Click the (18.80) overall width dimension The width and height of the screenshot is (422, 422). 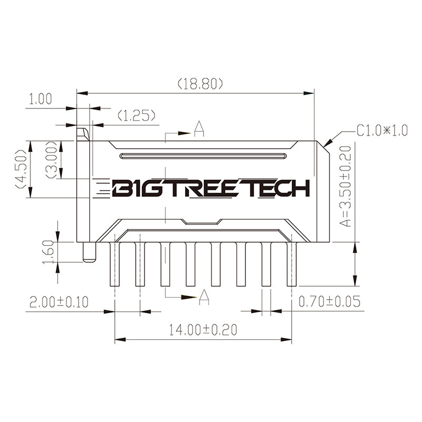200,83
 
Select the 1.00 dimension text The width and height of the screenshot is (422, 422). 40,99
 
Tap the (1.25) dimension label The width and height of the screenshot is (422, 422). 136,115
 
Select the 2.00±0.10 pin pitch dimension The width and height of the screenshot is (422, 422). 59,302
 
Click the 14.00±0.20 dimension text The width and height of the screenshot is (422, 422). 203,330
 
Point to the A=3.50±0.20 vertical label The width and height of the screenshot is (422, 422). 345,187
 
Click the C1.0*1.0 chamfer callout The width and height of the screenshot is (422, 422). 382,130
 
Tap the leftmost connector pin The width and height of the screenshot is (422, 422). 114,264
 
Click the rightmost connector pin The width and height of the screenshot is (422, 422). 291,264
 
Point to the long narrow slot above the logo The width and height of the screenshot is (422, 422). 203,156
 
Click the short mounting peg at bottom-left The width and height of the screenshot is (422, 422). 89,252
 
